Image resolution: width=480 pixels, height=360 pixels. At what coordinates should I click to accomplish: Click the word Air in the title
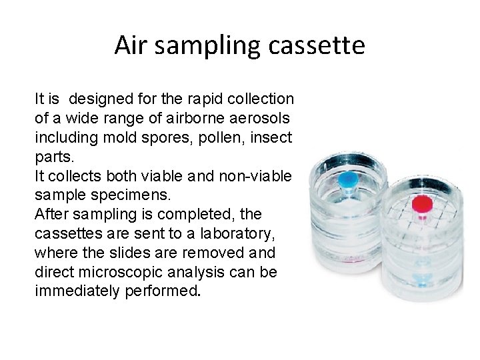pos(129,45)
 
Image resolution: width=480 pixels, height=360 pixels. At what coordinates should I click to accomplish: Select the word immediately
pos(77,292)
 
